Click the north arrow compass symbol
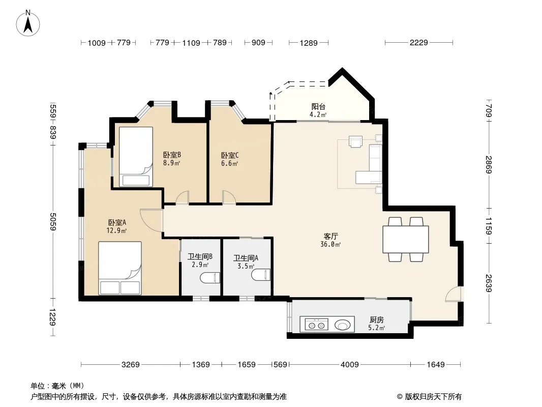[28, 23]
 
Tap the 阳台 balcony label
[318, 106]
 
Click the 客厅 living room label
[330, 236]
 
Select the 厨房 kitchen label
[376, 320]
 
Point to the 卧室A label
[117, 222]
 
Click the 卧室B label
[172, 155]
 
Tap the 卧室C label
[230, 155]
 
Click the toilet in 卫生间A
[261, 275]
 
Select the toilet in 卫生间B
[210, 278]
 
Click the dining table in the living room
[405, 239]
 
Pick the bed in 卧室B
[136, 157]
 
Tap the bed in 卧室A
[120, 268]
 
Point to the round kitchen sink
[342, 325]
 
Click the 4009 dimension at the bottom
[349, 364]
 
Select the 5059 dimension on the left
[52, 222]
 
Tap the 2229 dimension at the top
[418, 43]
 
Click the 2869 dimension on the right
[489, 165]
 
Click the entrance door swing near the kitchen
[453, 294]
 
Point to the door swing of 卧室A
[151, 220]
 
